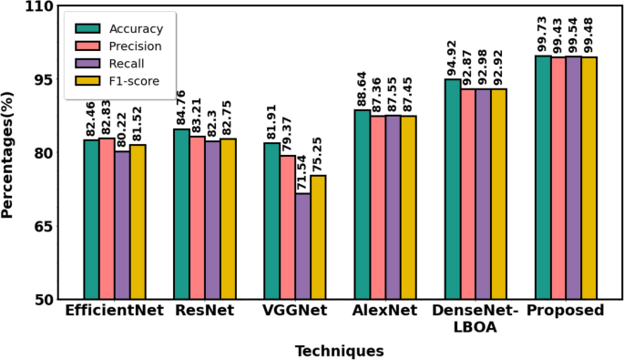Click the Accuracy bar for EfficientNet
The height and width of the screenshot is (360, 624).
tap(91, 219)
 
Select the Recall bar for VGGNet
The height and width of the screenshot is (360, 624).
tap(302, 245)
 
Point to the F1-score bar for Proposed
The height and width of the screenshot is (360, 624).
tap(588, 177)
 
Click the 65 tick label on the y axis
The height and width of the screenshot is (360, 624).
tap(41, 226)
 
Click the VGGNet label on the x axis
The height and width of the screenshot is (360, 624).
tap(294, 311)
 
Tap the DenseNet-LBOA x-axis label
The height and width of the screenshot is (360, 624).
tap(474, 318)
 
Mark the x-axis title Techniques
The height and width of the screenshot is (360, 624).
tap(338, 350)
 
